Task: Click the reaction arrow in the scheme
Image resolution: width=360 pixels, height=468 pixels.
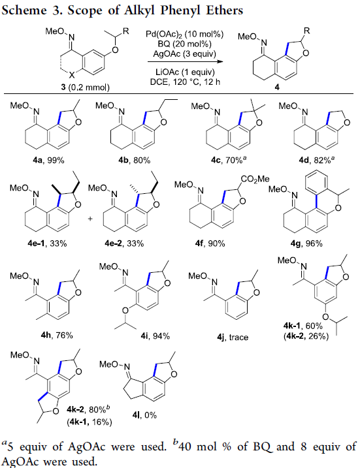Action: (x=186, y=62)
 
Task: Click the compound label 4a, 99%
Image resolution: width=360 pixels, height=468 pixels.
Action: (x=49, y=161)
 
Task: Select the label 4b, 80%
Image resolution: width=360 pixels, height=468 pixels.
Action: (x=134, y=161)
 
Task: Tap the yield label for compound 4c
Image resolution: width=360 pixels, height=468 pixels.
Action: (x=229, y=160)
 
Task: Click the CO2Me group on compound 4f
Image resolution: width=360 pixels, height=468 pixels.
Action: (x=255, y=179)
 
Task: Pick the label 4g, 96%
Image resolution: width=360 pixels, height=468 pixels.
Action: (x=306, y=243)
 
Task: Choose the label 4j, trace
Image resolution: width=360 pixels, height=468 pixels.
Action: (x=233, y=337)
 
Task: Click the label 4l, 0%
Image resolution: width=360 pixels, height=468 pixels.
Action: (x=144, y=415)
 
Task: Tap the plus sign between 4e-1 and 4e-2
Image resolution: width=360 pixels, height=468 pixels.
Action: (x=90, y=219)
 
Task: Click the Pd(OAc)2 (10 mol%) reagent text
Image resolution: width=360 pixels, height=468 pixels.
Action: (x=185, y=34)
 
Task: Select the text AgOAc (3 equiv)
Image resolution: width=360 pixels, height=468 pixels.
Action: (x=185, y=54)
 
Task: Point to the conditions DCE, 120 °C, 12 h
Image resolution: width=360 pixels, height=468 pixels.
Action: (x=185, y=82)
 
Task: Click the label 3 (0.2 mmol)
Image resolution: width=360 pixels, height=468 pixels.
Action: (x=86, y=87)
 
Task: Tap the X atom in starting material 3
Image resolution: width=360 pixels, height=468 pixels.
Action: (x=73, y=75)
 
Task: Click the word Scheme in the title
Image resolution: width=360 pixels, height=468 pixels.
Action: (x=24, y=10)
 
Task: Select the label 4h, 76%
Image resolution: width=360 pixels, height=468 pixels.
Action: (x=57, y=335)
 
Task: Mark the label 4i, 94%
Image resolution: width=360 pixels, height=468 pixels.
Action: (x=155, y=336)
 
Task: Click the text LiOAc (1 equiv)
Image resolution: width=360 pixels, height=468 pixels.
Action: (x=185, y=72)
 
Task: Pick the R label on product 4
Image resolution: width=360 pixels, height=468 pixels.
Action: (x=307, y=31)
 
